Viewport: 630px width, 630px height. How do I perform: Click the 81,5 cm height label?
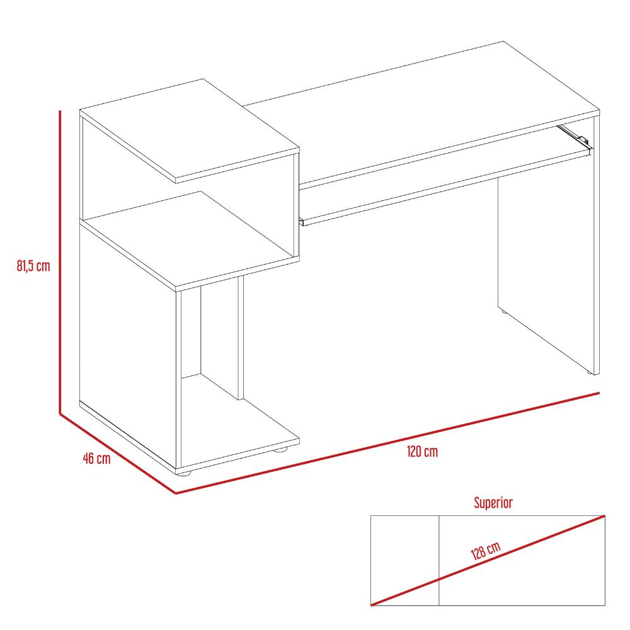pos(33,266)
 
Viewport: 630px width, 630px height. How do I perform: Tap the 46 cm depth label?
pos(96,459)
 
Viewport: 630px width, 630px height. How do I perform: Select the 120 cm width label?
pos(422,452)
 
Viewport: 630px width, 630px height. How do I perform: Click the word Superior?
pos(493,503)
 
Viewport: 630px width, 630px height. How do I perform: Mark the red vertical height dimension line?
pos(60,262)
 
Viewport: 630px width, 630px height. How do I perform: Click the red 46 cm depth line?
pos(118,453)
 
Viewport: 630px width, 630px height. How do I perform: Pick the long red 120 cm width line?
pos(387,443)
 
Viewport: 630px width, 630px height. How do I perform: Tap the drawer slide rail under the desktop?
pos(573,136)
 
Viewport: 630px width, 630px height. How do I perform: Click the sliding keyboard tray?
pos(445,185)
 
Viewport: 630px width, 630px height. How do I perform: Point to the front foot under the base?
pos(185,472)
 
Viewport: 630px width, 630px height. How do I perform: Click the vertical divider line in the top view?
pos(438,561)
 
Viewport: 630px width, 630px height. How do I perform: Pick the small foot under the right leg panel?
pos(590,373)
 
